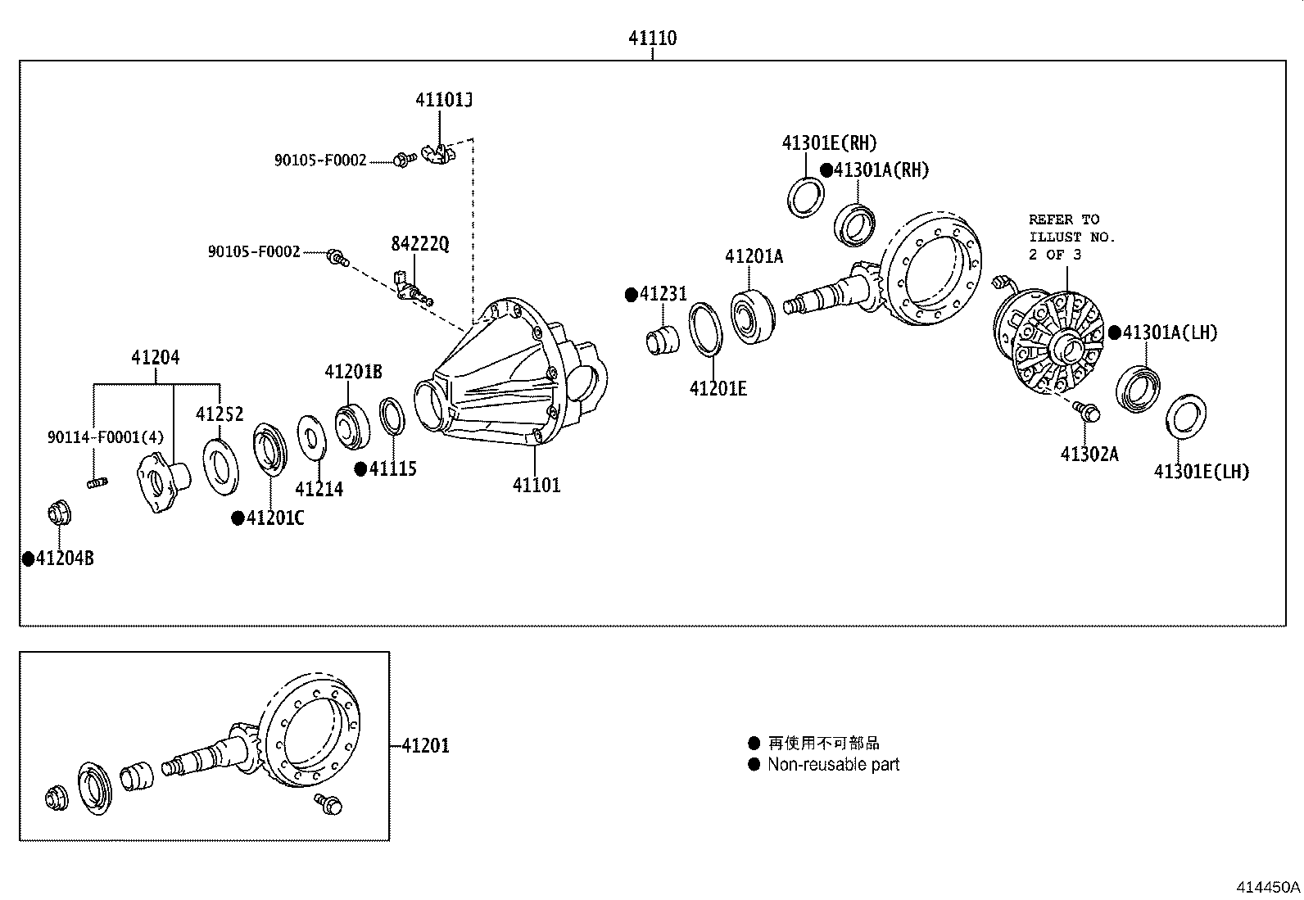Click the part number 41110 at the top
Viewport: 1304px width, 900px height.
click(652, 38)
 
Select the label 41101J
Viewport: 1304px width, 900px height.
click(444, 100)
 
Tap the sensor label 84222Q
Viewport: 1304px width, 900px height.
click(420, 244)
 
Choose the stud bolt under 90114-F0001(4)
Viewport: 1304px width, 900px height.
click(97, 484)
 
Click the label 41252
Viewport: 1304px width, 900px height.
click(220, 414)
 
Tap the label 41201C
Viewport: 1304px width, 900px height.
click(275, 518)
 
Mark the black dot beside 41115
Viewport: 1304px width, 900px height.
click(360, 468)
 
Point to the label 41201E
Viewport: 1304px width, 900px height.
click(718, 388)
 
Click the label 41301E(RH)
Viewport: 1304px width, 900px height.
click(829, 143)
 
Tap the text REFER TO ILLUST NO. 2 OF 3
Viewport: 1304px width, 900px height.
click(1071, 237)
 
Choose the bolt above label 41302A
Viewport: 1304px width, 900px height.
click(1087, 411)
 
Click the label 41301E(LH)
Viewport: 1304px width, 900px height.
click(1202, 472)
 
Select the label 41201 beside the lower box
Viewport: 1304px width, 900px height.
click(425, 746)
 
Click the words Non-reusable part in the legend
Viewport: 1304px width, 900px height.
click(833, 765)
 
